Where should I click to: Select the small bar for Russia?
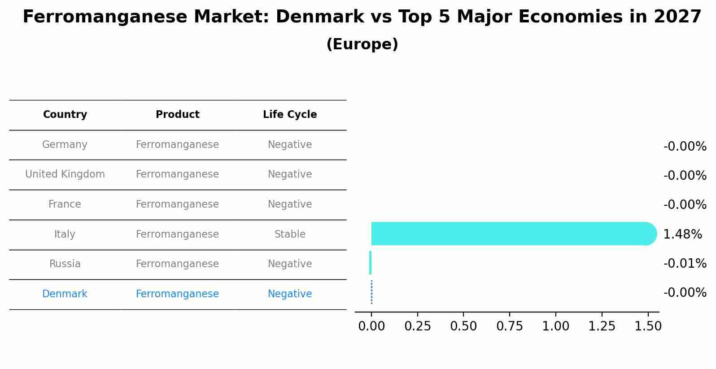coord(370,263)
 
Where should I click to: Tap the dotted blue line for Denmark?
coord(371,292)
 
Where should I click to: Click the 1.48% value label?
coord(682,234)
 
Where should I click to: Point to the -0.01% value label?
coord(685,263)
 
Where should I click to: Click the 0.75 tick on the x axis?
coord(509,326)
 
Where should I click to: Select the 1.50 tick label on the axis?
coord(647,326)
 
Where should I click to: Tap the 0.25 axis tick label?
coord(417,326)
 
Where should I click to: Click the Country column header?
coord(65,115)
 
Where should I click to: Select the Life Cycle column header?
coord(290,115)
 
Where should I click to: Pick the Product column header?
coord(177,115)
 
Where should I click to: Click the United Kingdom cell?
coord(65,174)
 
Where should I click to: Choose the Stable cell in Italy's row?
coord(290,234)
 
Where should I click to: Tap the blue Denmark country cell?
coord(65,294)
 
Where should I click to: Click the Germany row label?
coord(65,144)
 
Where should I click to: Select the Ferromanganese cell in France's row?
coord(177,204)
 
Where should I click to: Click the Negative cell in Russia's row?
coord(290,264)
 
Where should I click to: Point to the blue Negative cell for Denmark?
coord(290,294)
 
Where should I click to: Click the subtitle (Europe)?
coord(362,44)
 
